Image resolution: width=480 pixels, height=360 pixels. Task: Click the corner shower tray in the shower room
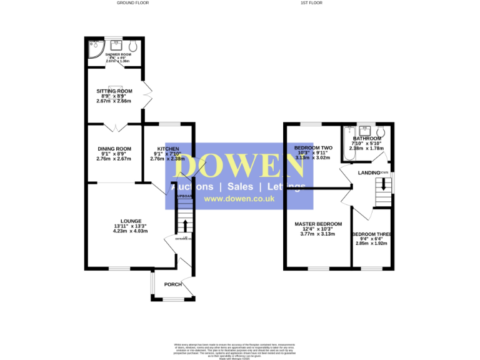click(93, 48)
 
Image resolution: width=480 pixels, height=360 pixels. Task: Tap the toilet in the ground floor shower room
click(133, 46)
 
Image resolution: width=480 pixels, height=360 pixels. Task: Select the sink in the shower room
click(116, 45)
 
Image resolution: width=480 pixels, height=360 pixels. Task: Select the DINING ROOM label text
click(114, 148)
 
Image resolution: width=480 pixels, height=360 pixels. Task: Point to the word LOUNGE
click(131, 221)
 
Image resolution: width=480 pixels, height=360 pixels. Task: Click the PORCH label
click(172, 284)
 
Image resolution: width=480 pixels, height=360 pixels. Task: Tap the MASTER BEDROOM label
click(318, 224)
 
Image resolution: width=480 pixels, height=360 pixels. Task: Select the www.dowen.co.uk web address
click(239, 199)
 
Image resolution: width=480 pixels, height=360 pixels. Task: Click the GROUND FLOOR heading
click(132, 3)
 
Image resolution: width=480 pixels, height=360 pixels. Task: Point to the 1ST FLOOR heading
click(311, 3)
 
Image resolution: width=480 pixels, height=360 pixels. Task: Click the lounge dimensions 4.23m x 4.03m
click(130, 231)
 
